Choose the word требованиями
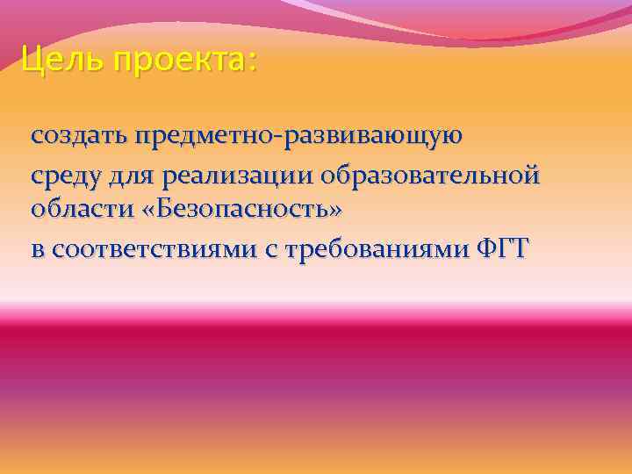pos(377,249)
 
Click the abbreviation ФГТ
pos(505,248)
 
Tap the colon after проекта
pos(254,63)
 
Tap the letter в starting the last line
pos(37,250)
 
